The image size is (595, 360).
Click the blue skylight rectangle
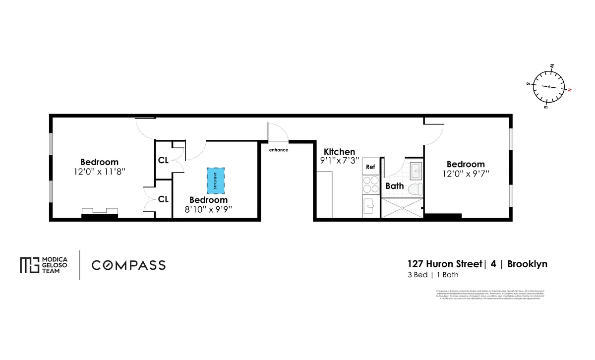(x=216, y=181)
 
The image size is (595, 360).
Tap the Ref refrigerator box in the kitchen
(x=370, y=167)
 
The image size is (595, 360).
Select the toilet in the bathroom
(x=417, y=188)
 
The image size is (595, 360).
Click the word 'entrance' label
(x=278, y=150)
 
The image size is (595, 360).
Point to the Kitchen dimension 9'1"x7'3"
(x=339, y=161)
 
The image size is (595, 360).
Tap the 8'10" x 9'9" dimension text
(x=208, y=209)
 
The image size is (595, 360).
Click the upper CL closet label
(x=163, y=160)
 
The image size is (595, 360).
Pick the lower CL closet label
(x=163, y=199)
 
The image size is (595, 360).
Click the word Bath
(x=395, y=186)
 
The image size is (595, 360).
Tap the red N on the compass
(x=570, y=90)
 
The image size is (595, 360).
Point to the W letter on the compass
(x=552, y=65)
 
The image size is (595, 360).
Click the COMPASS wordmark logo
(x=128, y=265)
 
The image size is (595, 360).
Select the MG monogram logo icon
(x=29, y=265)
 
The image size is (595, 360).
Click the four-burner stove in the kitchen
(x=370, y=185)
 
